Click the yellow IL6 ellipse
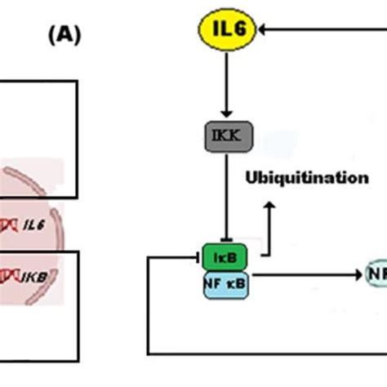coord(228,31)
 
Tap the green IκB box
coord(225,256)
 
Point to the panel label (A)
coord(64,36)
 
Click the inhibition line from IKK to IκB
coord(229,196)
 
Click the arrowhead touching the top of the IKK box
coord(229,116)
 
